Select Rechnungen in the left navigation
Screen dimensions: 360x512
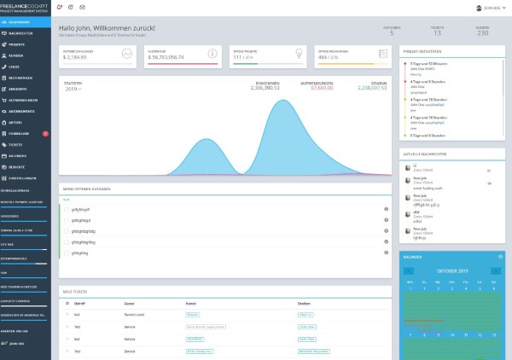coord(19,76)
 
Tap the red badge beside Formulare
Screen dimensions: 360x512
coord(45,134)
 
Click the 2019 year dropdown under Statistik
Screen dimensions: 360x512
coord(73,88)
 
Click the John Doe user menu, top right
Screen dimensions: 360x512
coord(487,7)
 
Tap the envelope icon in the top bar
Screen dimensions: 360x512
coord(81,7)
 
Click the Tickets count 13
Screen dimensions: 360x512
coord(438,34)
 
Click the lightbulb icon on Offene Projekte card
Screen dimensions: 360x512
coord(297,54)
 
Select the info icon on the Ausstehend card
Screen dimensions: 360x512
coord(213,54)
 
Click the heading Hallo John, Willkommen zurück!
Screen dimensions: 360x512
coord(113,28)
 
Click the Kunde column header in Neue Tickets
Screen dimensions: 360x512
coord(190,303)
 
